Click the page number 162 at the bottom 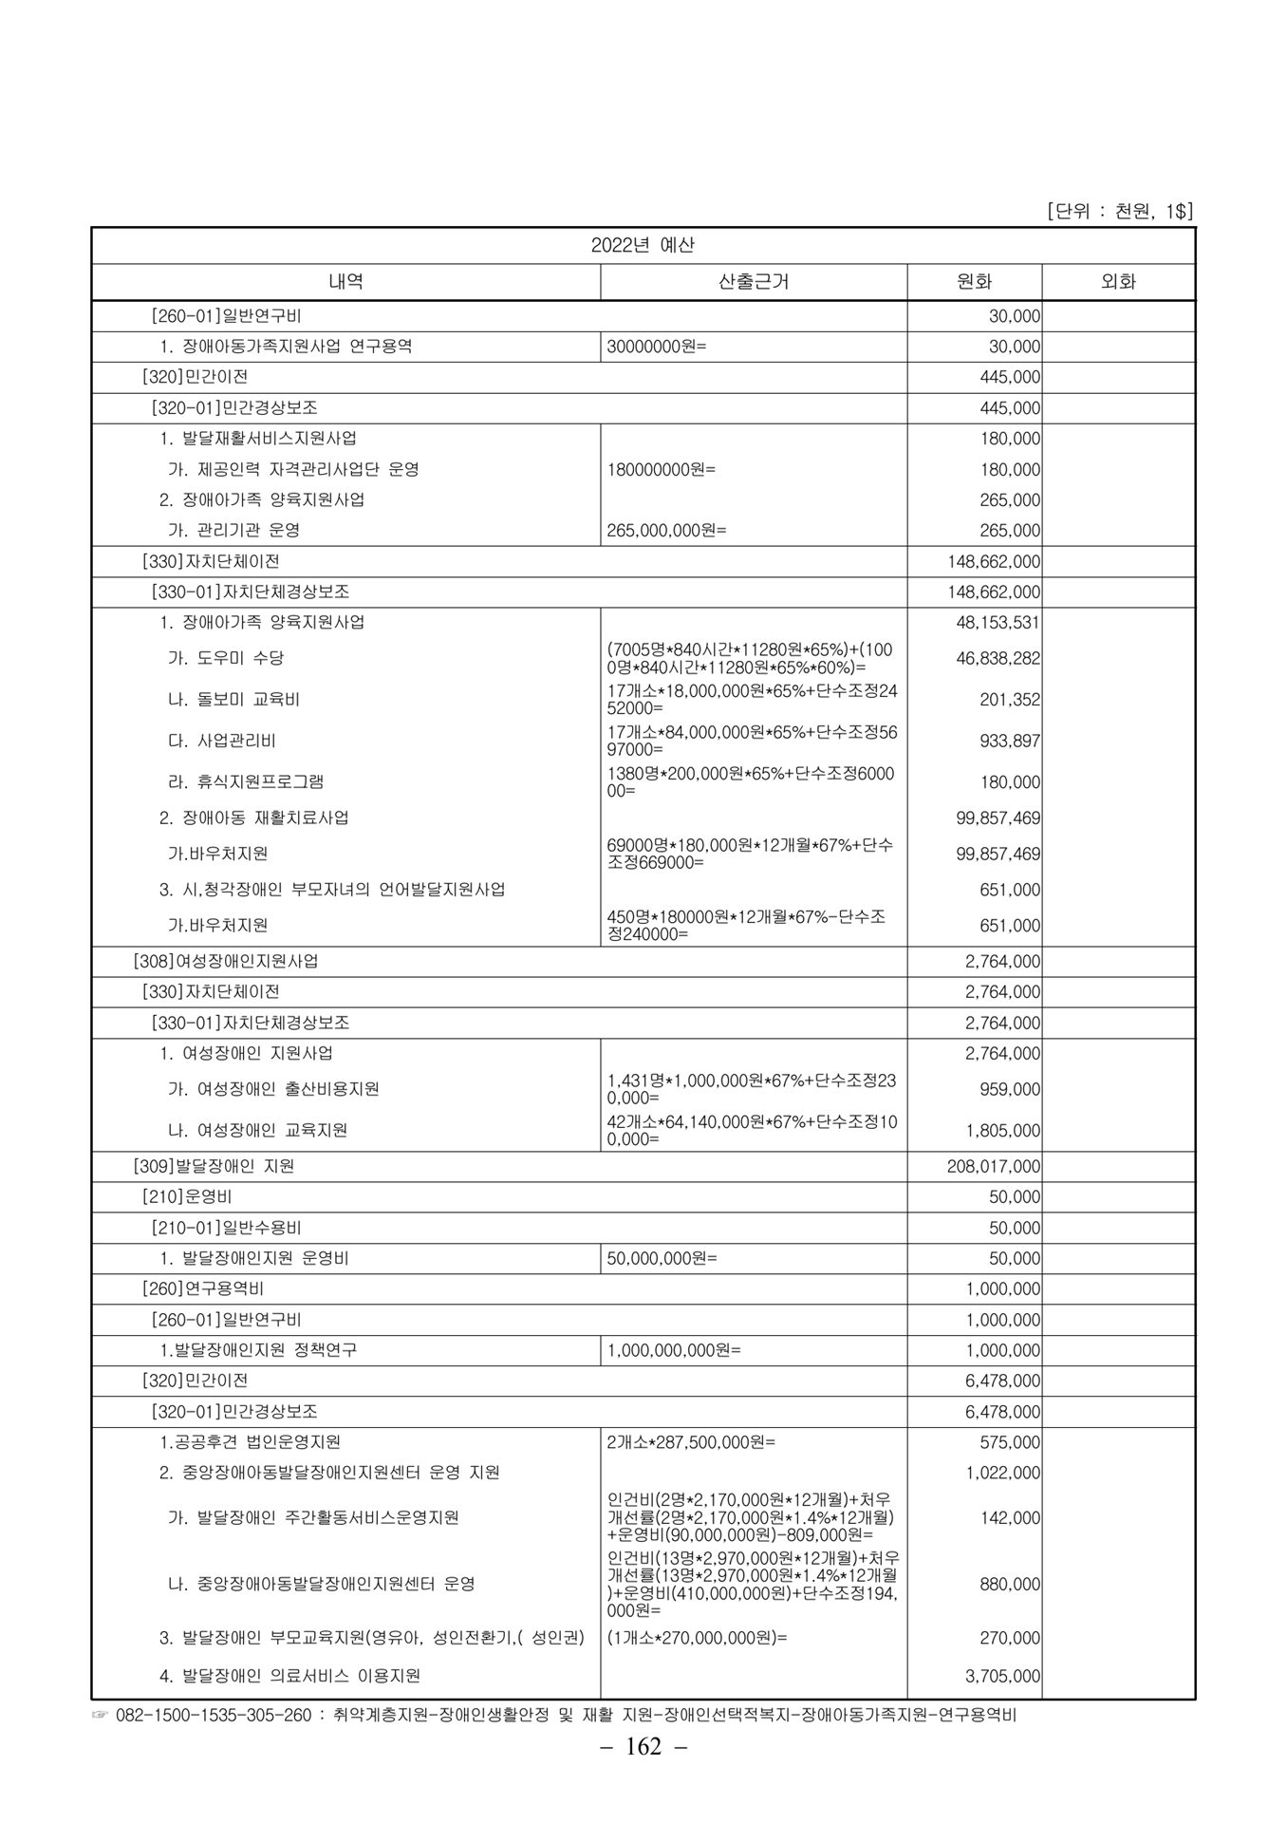coord(643,1773)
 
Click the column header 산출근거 coord(754,281)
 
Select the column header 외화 coord(1118,281)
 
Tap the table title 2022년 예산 coord(643,245)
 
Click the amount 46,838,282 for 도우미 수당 coord(998,658)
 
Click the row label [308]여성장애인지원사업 coord(226,961)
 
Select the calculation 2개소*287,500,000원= coord(691,1442)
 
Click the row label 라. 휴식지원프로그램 coord(246,781)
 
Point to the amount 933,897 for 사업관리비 coord(1010,741)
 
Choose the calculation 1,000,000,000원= coord(674,1350)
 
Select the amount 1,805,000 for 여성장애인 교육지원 coord(1002,1130)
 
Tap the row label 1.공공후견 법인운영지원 coord(250,1442)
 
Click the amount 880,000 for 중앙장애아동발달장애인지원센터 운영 coord(1010,1584)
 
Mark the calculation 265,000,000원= coord(666,530)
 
